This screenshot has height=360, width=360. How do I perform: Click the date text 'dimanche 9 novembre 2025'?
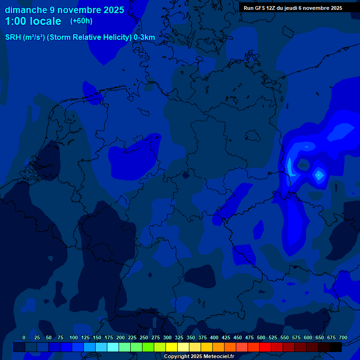click(x=64, y=10)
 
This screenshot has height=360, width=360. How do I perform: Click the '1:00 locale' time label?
click(x=33, y=22)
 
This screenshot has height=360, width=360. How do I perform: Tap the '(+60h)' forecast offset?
click(x=81, y=21)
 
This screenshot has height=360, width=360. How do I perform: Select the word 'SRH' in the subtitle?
click(x=13, y=37)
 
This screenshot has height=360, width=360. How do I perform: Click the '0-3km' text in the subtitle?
click(x=144, y=37)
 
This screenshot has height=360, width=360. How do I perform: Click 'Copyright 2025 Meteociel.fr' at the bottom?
click(x=199, y=357)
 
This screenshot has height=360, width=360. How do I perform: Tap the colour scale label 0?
click(x=24, y=337)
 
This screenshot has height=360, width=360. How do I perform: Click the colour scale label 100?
click(x=74, y=337)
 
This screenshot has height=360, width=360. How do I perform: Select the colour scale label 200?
click(x=120, y=337)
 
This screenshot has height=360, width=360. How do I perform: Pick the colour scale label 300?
click(x=167, y=337)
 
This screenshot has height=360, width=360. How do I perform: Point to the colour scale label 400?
click(x=214, y=337)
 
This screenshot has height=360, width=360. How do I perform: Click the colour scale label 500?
click(x=261, y=337)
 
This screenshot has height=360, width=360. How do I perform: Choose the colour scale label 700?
click(x=343, y=337)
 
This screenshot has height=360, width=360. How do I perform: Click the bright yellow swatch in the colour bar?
click(x=172, y=347)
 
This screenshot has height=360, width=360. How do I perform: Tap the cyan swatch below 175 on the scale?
click(x=113, y=347)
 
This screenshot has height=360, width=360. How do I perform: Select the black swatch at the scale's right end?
click(x=336, y=347)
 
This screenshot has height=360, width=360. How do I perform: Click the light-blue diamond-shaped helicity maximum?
click(x=319, y=175)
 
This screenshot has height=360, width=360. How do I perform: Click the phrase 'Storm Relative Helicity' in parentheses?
click(x=90, y=37)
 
